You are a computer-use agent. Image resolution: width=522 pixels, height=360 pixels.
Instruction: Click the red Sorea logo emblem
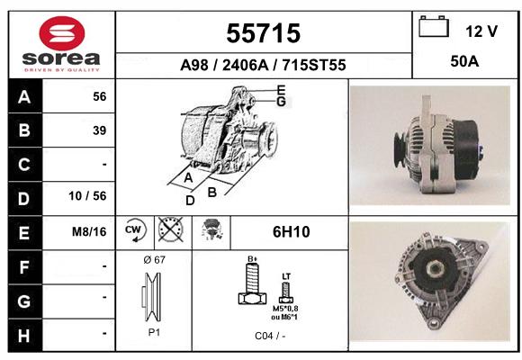[x=62, y=32]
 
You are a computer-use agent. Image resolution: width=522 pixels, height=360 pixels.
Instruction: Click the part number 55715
[x=264, y=33]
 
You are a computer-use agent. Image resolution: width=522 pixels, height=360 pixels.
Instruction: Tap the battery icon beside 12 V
[x=434, y=26]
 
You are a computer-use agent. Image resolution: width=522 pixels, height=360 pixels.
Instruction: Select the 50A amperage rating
[x=464, y=61]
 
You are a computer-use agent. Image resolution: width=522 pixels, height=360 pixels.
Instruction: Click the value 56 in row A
[x=100, y=96]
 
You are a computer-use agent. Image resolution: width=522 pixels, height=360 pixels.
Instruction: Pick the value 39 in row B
[x=100, y=130]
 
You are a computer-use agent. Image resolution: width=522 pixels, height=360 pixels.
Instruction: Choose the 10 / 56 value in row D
[x=87, y=196]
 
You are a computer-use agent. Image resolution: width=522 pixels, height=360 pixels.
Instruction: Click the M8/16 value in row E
[x=89, y=231]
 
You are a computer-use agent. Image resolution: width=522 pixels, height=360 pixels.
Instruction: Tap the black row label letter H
[x=24, y=336]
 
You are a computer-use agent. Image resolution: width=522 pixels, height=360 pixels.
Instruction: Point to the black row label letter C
[x=24, y=165]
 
